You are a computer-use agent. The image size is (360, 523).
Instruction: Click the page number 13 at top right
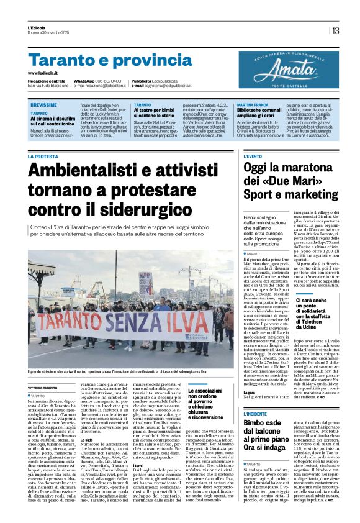coord(335,30)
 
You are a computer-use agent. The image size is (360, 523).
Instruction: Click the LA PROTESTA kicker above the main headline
coord(46,157)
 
